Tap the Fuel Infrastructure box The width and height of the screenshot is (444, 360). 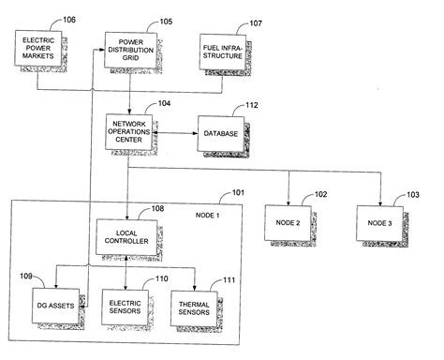pyautogui.click(x=222, y=49)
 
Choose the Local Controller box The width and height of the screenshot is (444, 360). pyautogui.click(x=126, y=235)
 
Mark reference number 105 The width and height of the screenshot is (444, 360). pyautogui.click(x=166, y=20)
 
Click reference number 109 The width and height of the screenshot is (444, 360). pyautogui.click(x=22, y=277)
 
